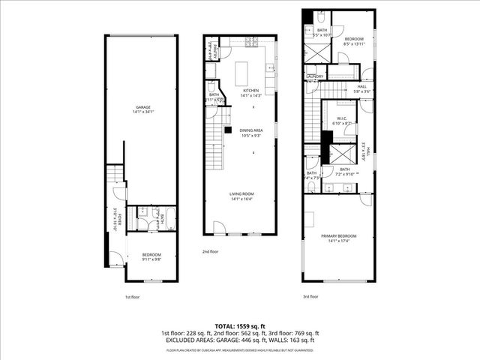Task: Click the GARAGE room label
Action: (142, 107)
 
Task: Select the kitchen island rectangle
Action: (242, 73)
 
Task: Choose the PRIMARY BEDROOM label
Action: (339, 236)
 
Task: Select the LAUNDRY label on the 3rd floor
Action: (314, 76)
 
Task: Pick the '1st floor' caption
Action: (133, 297)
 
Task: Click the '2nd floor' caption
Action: (210, 252)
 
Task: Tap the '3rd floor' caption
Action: (310, 297)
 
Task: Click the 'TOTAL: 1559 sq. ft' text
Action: (240, 326)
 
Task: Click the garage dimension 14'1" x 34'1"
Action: (142, 112)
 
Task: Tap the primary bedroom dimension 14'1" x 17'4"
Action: (339, 241)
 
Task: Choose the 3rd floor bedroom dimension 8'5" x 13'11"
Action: (354, 43)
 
